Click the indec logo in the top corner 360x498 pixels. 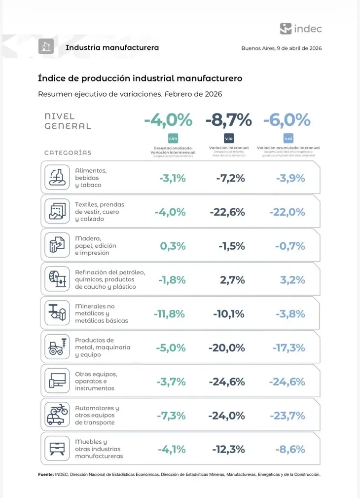301,29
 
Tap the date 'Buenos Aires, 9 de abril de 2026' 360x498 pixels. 281,48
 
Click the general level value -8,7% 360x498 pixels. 228,120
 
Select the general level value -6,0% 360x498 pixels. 287,120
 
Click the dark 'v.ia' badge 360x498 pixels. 228,139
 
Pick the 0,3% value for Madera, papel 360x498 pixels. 173,246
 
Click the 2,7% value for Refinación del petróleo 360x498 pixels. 233,280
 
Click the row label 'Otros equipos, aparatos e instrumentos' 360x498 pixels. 95,382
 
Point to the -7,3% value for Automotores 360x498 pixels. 171,416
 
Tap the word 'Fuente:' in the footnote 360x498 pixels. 46,474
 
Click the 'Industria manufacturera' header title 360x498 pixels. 112,47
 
